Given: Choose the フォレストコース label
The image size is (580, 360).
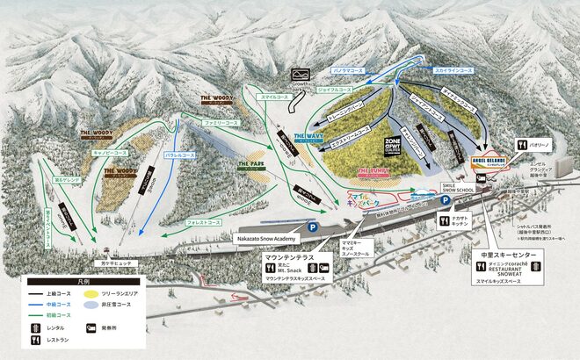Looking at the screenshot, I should [204, 223].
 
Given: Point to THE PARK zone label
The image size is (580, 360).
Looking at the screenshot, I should [251, 163].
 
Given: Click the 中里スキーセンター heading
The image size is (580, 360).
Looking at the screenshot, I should [508, 256].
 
